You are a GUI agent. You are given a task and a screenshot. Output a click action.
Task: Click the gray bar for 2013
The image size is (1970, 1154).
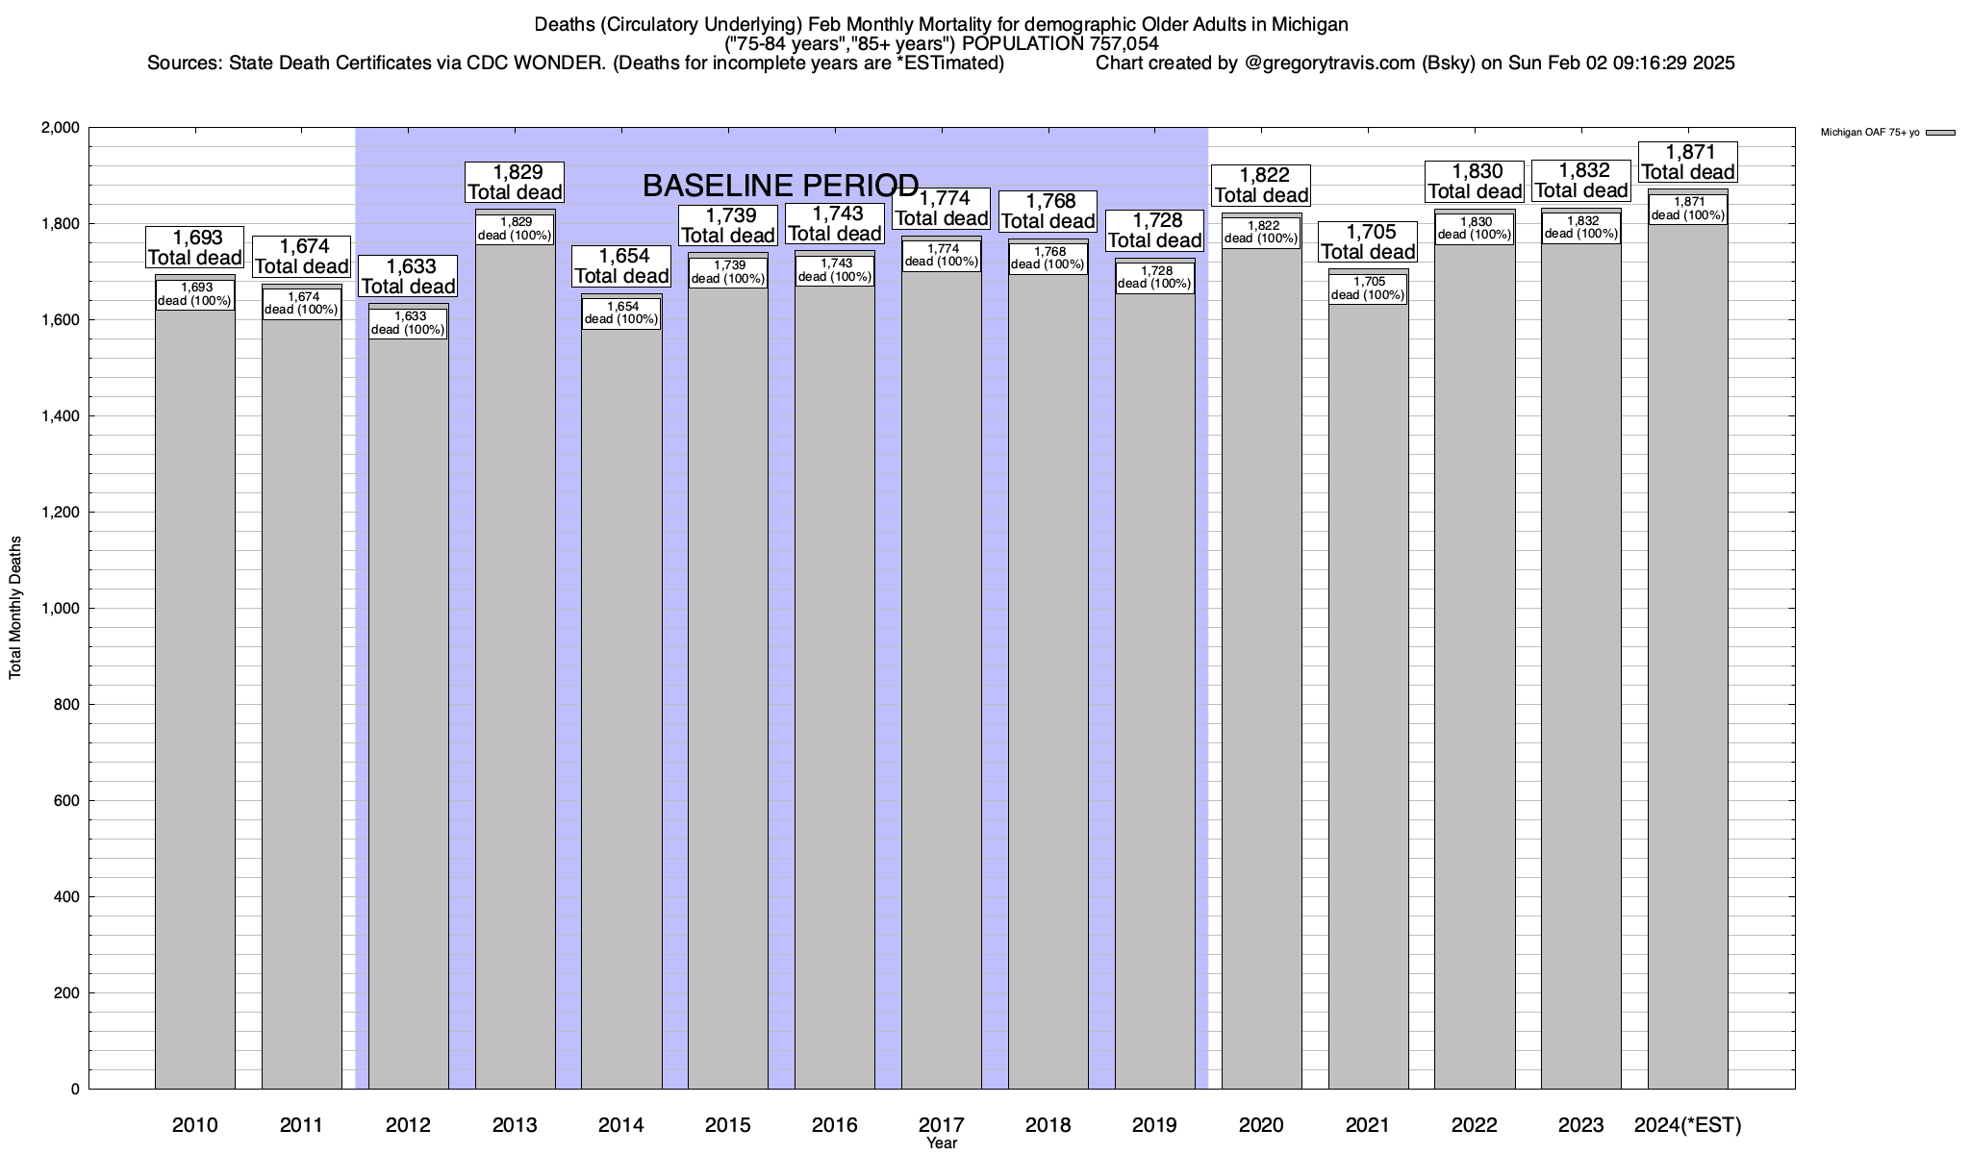pos(515,673)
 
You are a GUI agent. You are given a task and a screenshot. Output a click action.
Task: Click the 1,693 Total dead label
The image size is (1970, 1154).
pos(194,248)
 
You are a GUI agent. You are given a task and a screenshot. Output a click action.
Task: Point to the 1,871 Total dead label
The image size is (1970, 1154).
pos(1687,163)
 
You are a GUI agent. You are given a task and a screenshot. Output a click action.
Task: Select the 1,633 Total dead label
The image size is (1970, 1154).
pos(408,277)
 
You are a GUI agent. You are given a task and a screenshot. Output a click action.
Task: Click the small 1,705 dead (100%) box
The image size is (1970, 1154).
pos(1368,288)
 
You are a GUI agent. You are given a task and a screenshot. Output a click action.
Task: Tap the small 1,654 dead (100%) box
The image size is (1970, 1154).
pos(621,314)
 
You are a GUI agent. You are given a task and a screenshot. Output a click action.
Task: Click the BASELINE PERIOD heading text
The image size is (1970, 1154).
pos(780,185)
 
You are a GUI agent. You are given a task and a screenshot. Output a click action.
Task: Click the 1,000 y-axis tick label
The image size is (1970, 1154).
pos(60,609)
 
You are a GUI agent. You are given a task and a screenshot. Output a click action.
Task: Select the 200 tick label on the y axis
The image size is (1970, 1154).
pos(67,993)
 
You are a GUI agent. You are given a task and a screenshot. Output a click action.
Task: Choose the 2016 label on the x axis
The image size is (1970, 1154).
pos(835,1125)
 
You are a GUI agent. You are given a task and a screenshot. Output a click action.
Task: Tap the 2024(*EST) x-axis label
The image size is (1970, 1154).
pos(1687,1125)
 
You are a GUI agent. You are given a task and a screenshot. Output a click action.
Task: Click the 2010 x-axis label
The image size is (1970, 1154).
pos(194,1125)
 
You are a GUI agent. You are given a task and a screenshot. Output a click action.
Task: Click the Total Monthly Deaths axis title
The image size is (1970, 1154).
pos(15,608)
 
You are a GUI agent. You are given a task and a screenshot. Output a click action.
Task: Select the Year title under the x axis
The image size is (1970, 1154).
pos(942,1143)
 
